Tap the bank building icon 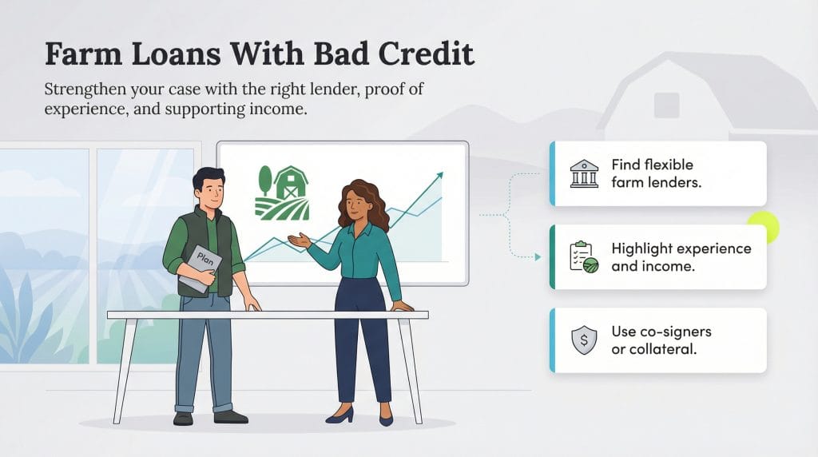(x=584, y=173)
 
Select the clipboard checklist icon (x=583, y=257)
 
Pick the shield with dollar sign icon (x=584, y=340)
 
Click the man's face (x=210, y=193)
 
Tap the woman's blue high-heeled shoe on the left (x=340, y=415)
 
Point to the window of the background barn (x=666, y=105)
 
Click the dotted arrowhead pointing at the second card (x=538, y=256)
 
